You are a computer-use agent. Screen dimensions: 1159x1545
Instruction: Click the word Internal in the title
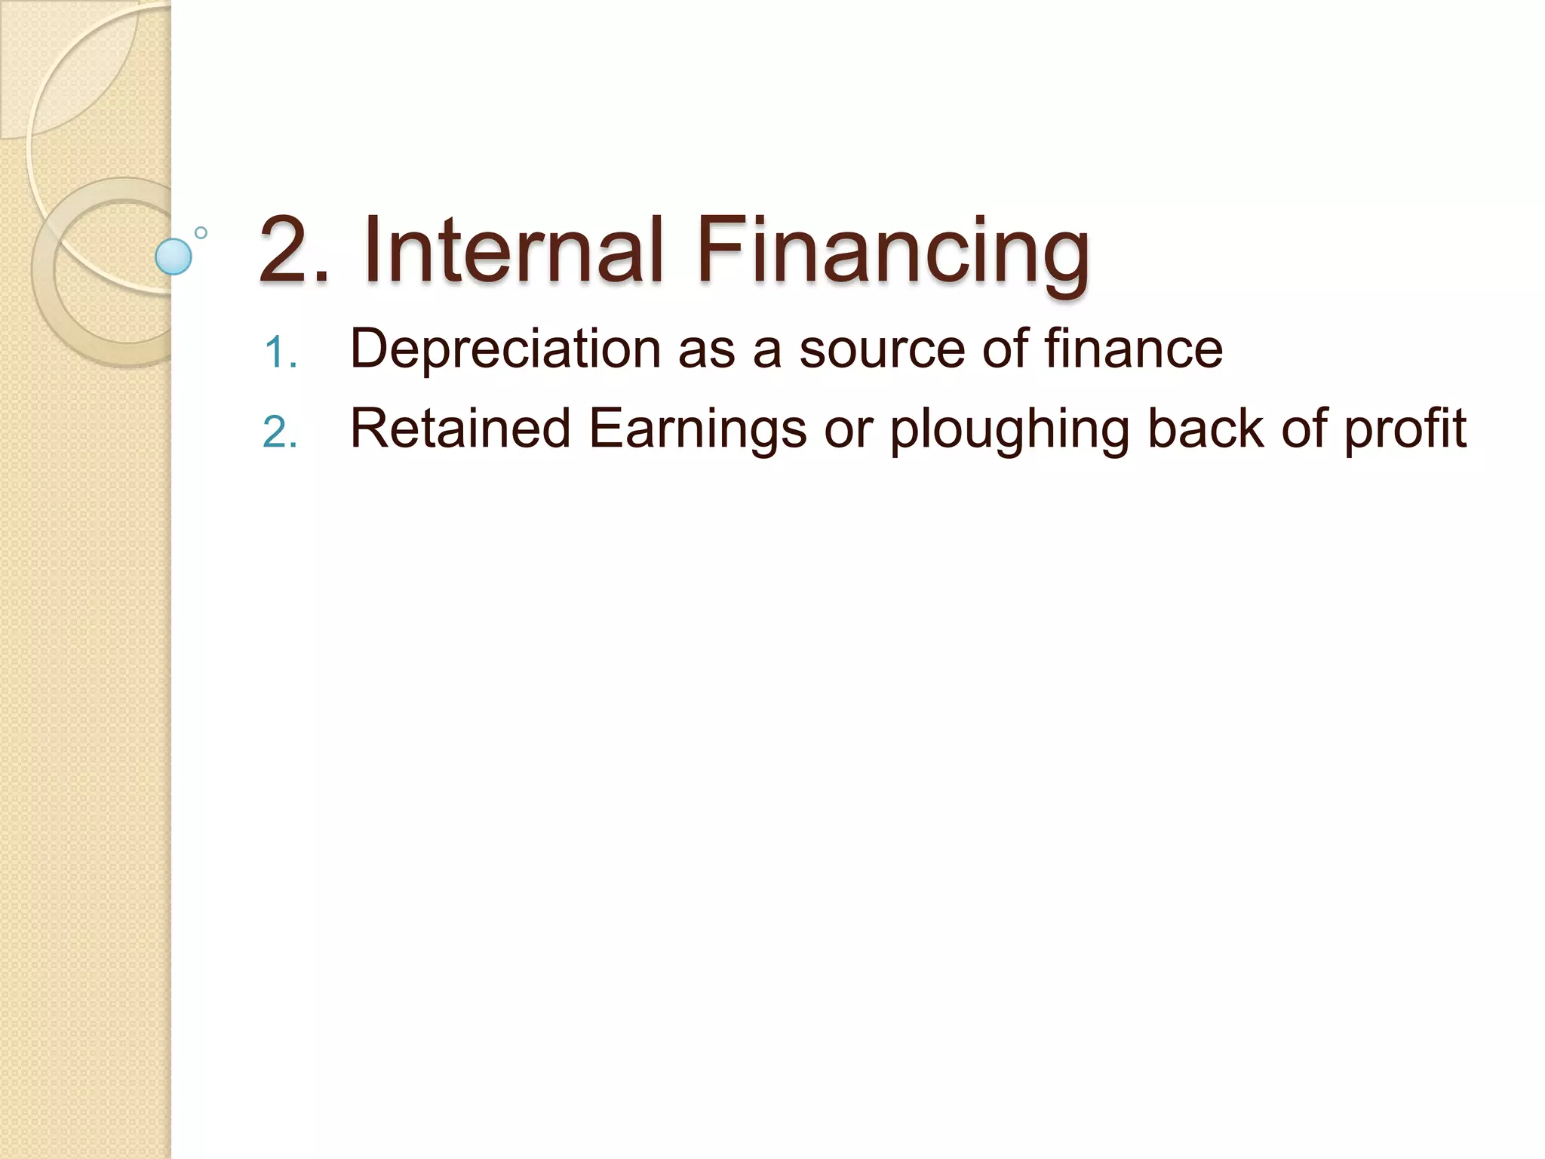click(513, 249)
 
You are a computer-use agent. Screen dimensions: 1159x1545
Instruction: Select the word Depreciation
click(505, 349)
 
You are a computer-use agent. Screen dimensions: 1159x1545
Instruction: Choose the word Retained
click(460, 429)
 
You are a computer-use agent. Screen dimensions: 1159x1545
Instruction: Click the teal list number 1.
click(281, 353)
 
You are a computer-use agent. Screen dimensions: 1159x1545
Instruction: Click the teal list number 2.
click(281, 433)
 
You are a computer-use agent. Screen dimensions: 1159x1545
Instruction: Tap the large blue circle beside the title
click(174, 257)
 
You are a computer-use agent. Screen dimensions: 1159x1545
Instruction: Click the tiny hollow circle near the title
click(201, 232)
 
